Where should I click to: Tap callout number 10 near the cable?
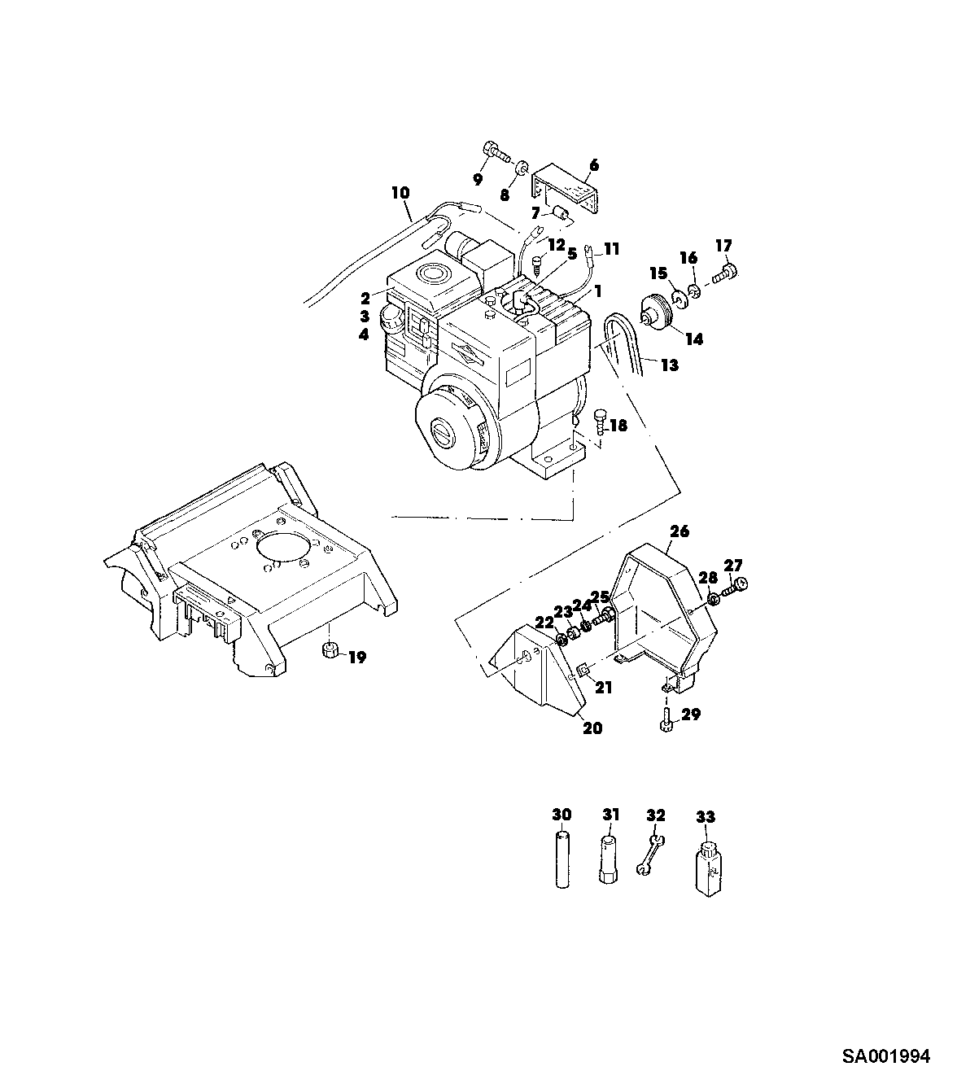[x=400, y=193]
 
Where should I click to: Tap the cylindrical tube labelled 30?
[x=562, y=859]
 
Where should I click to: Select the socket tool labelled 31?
[x=608, y=860]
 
